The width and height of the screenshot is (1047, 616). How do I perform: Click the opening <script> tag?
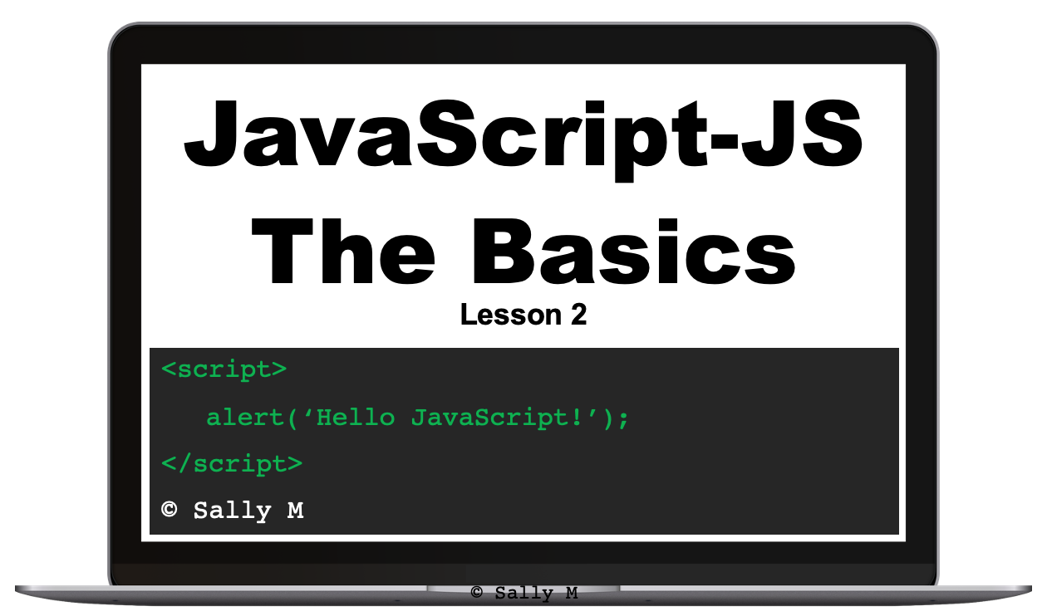click(224, 369)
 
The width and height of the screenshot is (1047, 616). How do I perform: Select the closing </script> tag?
click(232, 463)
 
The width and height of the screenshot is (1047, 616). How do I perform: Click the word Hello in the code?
click(355, 416)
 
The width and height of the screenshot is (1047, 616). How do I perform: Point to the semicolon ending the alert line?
click(624, 418)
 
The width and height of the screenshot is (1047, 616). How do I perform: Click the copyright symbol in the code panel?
click(170, 510)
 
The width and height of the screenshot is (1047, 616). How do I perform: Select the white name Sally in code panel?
click(232, 511)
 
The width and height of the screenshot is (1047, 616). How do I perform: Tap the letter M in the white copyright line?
click(295, 511)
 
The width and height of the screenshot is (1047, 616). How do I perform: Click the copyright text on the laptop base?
click(523, 593)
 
